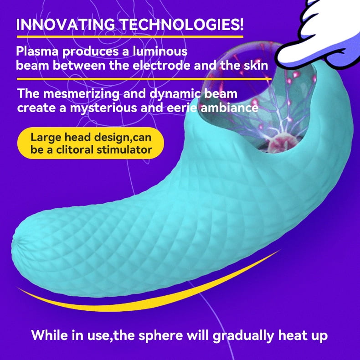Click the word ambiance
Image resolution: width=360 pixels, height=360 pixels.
pyautogui.click(x=236, y=108)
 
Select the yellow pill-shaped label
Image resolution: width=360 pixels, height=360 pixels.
pyautogui.click(x=91, y=143)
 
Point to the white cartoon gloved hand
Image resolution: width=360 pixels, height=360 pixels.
pyautogui.click(x=325, y=36)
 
